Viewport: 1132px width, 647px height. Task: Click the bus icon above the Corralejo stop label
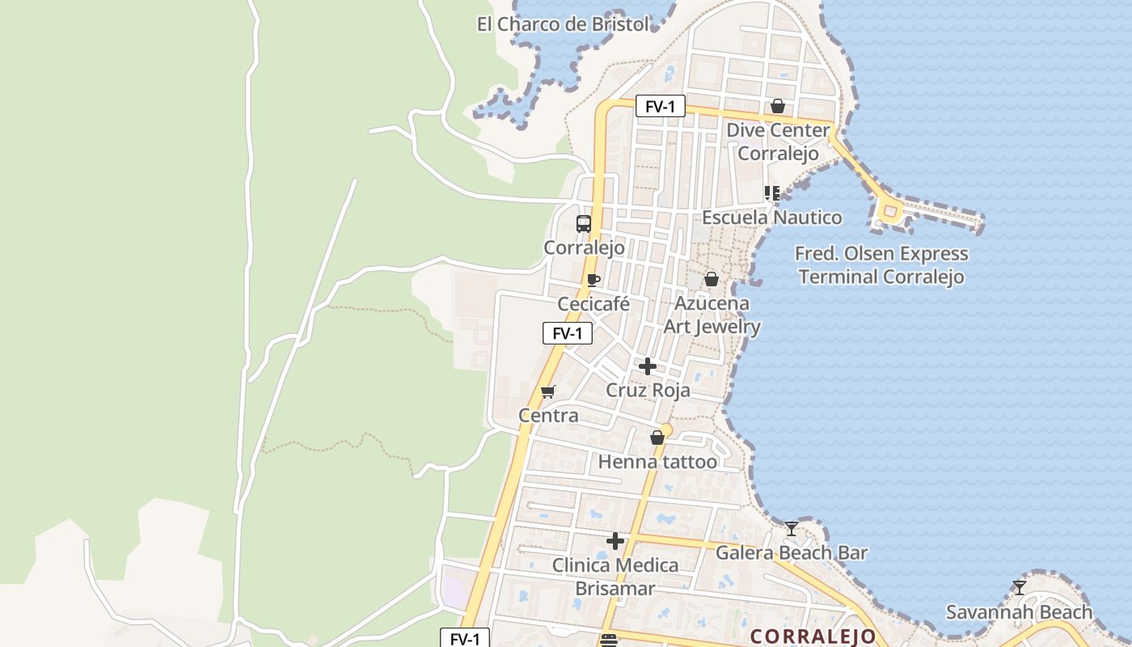coord(584,224)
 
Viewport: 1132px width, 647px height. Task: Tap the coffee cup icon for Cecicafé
coord(593,281)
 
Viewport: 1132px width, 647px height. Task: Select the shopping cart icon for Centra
coord(548,392)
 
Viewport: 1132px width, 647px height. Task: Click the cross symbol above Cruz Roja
coord(648,366)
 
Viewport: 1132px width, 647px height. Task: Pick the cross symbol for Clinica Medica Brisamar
coord(615,541)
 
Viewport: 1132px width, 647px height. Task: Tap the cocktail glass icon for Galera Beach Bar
coord(792,529)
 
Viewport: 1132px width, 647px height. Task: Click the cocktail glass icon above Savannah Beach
coord(1020,588)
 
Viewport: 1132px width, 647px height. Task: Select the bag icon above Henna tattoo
coord(657,438)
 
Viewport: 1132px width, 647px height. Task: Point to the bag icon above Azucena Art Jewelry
coord(712,279)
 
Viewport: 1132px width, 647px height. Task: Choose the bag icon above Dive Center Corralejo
coord(778,106)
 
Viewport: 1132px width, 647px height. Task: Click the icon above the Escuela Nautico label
coord(772,193)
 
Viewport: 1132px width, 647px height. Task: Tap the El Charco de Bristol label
coord(563,24)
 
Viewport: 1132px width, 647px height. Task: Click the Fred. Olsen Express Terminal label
coord(881,265)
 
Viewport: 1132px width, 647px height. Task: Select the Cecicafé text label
coord(593,304)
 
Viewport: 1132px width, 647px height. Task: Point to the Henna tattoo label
coord(657,462)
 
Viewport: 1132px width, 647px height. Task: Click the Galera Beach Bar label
coord(792,553)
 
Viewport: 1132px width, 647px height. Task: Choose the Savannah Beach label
coord(1019,612)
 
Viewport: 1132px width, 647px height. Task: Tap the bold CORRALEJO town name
coord(813,636)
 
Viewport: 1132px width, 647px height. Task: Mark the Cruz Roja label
coord(648,391)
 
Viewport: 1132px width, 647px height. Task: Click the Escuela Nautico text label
coord(771,218)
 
